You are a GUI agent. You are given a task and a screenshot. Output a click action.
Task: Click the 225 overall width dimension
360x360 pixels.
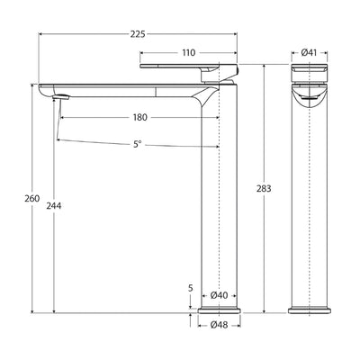(137, 34)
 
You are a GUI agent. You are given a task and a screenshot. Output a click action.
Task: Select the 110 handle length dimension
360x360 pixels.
(188, 53)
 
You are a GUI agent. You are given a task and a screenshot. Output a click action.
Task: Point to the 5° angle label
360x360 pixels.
(137, 143)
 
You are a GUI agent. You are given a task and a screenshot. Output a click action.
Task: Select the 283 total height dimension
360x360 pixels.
(264, 189)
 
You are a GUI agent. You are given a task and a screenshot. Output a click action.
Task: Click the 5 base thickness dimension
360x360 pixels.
(191, 288)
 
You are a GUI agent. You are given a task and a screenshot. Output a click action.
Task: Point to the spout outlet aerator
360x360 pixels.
(62, 94)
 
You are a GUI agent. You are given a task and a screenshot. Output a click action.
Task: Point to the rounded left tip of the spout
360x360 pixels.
(45, 89)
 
